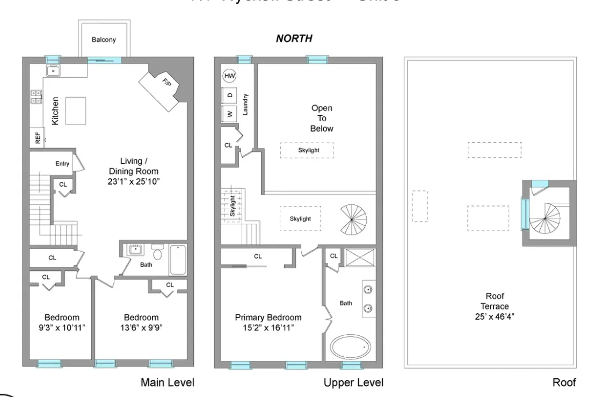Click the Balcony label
[x=104, y=40]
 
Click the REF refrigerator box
[x=38, y=138]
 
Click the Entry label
[x=62, y=164]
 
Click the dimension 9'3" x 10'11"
[x=62, y=326]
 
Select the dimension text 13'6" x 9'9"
[x=141, y=326]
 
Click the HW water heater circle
[x=230, y=76]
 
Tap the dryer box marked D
[x=230, y=95]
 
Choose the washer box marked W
[x=230, y=114]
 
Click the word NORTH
[x=294, y=39]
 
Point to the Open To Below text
[x=322, y=119]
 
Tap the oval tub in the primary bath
[x=350, y=348]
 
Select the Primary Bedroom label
[x=269, y=317]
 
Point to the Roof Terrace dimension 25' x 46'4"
[x=495, y=316]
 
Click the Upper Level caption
[x=353, y=383]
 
